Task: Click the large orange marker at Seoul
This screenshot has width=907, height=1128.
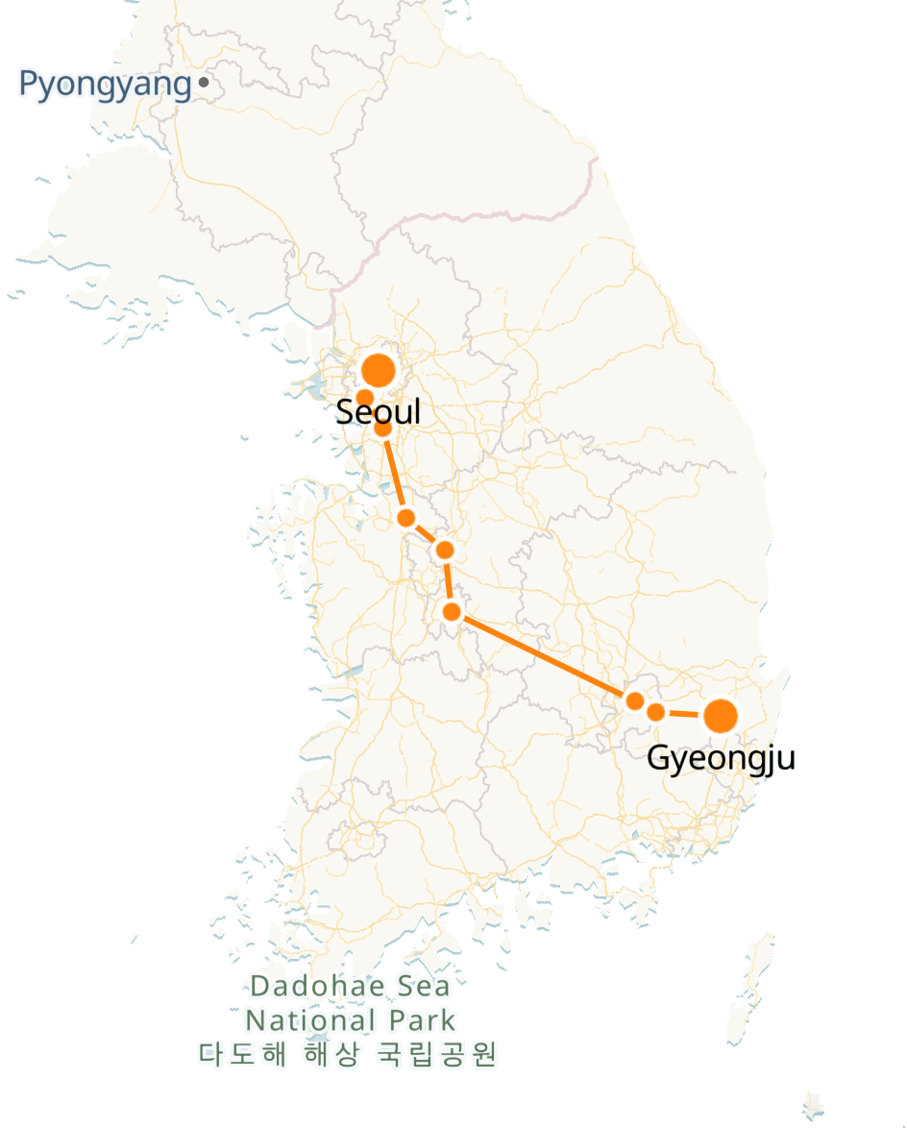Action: (x=379, y=370)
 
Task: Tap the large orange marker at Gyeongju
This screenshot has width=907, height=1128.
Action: (x=721, y=716)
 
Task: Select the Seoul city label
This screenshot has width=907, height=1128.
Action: (x=379, y=412)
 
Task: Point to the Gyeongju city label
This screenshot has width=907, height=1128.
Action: (x=721, y=758)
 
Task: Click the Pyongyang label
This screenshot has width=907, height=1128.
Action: (x=105, y=85)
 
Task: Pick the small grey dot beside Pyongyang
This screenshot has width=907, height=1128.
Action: (x=204, y=84)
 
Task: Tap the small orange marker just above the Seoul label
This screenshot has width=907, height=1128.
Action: (x=365, y=397)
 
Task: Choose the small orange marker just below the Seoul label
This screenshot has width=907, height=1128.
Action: (x=382, y=429)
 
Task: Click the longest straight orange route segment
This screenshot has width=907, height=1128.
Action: (x=543, y=656)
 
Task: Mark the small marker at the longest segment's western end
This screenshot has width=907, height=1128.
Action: (x=452, y=611)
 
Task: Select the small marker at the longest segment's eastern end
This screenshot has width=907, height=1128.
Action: (x=634, y=700)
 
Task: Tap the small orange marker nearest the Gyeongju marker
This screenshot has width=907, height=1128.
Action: (x=655, y=712)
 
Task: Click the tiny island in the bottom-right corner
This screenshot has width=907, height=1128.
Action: (x=814, y=1105)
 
